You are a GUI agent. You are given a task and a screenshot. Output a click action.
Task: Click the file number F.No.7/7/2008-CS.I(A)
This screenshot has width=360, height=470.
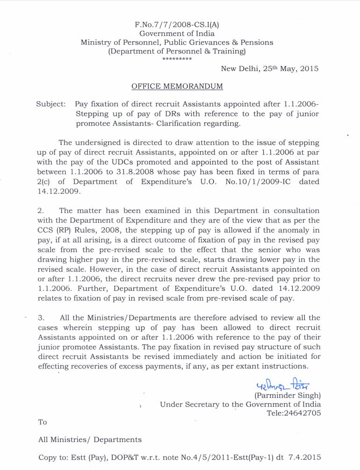click(177, 24)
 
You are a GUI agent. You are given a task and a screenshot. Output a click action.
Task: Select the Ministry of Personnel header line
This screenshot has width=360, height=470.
click(177, 42)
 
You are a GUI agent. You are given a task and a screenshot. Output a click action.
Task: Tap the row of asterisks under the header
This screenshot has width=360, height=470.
click(177, 60)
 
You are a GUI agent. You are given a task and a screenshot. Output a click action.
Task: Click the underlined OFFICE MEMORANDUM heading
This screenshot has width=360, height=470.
click(177, 87)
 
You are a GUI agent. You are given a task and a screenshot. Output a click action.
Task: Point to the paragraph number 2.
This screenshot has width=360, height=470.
click(40, 211)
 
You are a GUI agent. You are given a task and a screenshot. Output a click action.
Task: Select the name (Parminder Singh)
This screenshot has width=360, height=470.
click(287, 395)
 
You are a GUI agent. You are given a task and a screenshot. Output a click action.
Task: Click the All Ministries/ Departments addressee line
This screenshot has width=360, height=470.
click(89, 440)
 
